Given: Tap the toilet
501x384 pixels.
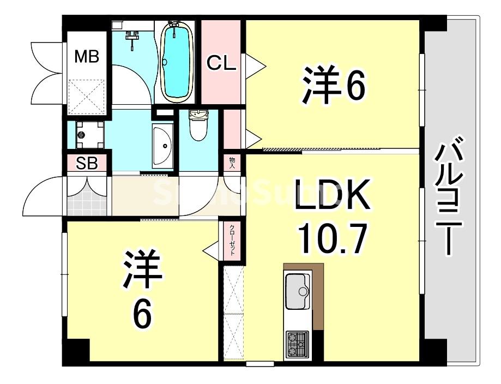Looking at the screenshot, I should [x=198, y=124].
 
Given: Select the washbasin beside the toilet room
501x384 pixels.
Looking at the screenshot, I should [x=162, y=145].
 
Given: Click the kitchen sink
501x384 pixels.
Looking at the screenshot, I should [x=298, y=290].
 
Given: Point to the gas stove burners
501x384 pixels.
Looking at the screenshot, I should [x=297, y=344].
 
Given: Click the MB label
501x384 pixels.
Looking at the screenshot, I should [x=87, y=56].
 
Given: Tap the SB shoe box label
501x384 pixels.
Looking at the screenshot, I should [x=87, y=164].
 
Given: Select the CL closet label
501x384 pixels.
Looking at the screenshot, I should [x=221, y=63].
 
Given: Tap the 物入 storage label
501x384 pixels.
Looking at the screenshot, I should [x=232, y=163].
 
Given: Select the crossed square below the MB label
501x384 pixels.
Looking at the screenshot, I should [x=87, y=95].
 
